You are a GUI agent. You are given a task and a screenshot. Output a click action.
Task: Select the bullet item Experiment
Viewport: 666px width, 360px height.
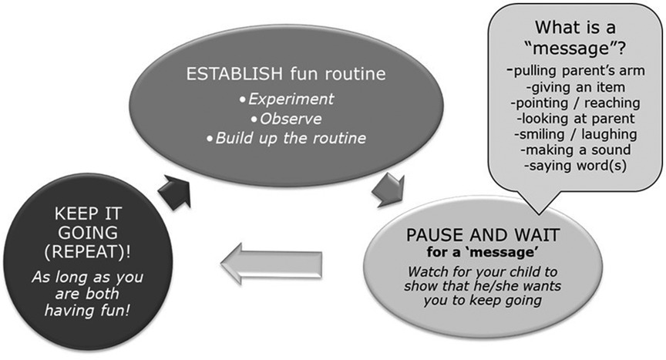click(287, 99)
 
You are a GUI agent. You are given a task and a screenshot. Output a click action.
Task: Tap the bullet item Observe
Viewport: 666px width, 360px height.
click(286, 119)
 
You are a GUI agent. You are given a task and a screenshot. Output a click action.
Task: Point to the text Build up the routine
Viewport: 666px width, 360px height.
click(287, 139)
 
